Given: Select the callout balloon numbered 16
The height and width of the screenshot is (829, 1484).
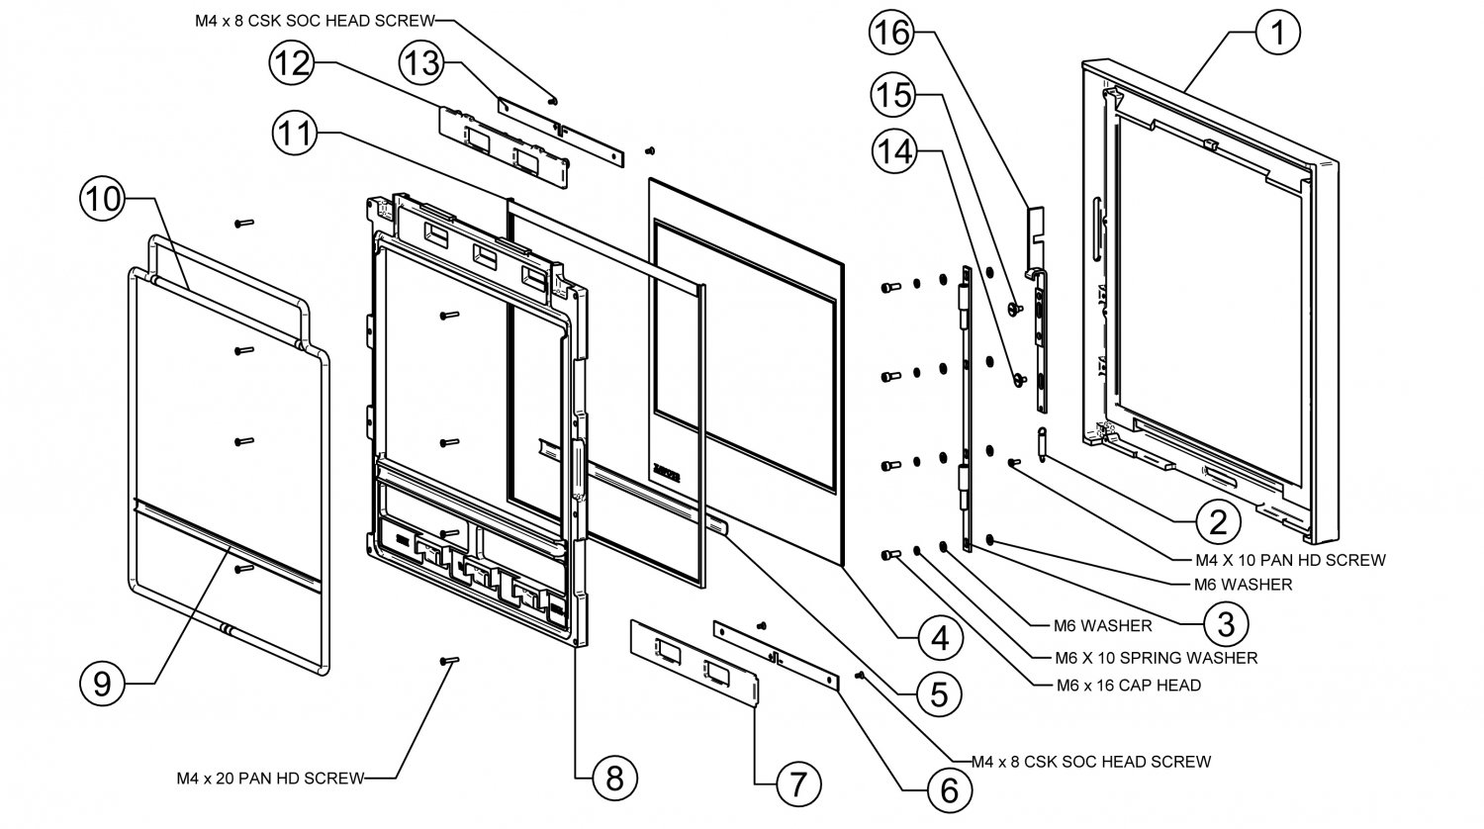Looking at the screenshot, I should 890,33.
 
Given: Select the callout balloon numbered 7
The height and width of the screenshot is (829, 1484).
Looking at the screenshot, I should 798,784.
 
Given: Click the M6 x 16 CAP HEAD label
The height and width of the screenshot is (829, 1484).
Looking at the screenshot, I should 1115,685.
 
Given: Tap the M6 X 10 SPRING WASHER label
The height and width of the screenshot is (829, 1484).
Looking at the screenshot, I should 1143,657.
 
